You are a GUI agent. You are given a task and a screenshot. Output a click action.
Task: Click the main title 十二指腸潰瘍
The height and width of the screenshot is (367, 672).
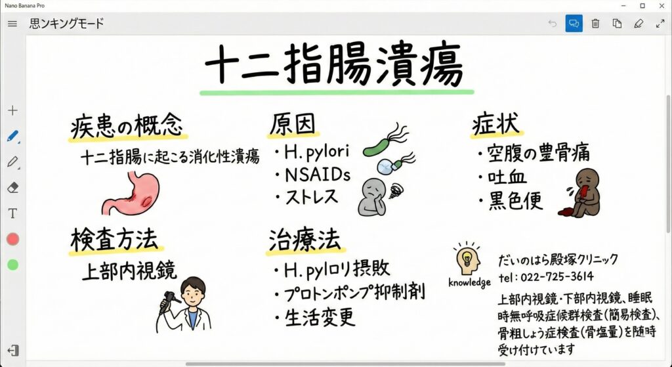click(334, 65)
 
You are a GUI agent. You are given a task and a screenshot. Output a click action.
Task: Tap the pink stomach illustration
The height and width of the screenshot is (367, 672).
click(131, 193)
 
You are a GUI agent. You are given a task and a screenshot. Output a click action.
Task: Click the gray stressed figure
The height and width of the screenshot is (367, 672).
click(372, 197)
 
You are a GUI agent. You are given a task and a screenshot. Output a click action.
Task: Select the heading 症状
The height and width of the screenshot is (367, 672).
click(496, 124)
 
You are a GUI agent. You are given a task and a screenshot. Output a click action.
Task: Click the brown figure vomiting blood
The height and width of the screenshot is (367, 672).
click(580, 192)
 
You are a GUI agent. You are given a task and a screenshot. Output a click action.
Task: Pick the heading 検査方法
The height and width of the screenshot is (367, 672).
click(114, 239)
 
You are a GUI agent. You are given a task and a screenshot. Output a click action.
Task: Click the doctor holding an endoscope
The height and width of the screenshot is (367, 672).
click(184, 305)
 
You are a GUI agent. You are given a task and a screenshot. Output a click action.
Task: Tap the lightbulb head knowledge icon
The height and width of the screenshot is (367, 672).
click(467, 259)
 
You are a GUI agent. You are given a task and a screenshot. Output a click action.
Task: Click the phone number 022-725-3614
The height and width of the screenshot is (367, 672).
click(557, 276)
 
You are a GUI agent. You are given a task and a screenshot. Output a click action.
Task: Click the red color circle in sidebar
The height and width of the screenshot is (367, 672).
click(13, 239)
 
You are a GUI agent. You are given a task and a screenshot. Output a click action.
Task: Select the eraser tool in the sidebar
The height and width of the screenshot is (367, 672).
click(13, 187)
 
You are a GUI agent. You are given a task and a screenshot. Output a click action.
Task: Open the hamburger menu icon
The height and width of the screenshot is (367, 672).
click(12, 24)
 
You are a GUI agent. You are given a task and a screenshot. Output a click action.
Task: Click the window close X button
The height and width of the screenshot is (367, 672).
click(661, 5)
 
